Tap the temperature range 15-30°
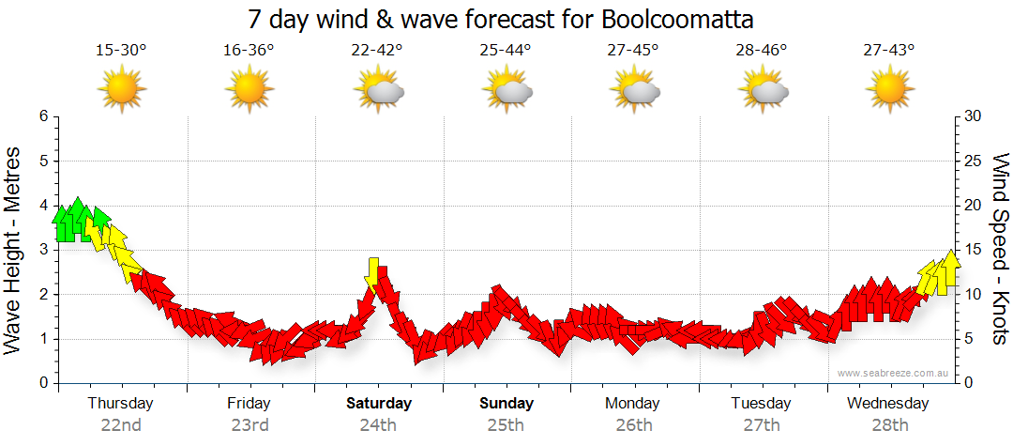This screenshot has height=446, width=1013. click(x=121, y=51)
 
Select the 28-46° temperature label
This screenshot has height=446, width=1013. click(x=762, y=51)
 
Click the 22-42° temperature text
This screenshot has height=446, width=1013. click(x=378, y=51)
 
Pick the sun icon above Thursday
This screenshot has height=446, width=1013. click(x=121, y=90)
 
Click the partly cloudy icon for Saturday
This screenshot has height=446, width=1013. click(x=379, y=91)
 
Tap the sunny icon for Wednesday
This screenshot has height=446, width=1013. click(x=889, y=90)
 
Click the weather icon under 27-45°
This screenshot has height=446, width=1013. click(x=634, y=91)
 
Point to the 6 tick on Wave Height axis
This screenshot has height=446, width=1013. click(x=42, y=116)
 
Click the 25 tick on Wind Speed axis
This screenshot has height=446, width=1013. click(x=974, y=161)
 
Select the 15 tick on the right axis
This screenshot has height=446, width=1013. click(x=974, y=250)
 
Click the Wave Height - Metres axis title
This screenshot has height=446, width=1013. click(x=14, y=250)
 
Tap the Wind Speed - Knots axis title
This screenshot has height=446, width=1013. click(x=1000, y=250)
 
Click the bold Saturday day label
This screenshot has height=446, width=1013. click(x=379, y=404)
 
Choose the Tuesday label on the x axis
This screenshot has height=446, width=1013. click(x=762, y=404)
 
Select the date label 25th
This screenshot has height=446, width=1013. click(x=506, y=424)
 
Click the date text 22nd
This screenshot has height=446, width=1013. click(x=121, y=424)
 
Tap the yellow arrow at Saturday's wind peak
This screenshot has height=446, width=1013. click(x=374, y=271)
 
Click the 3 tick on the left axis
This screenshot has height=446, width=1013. click(x=42, y=250)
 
